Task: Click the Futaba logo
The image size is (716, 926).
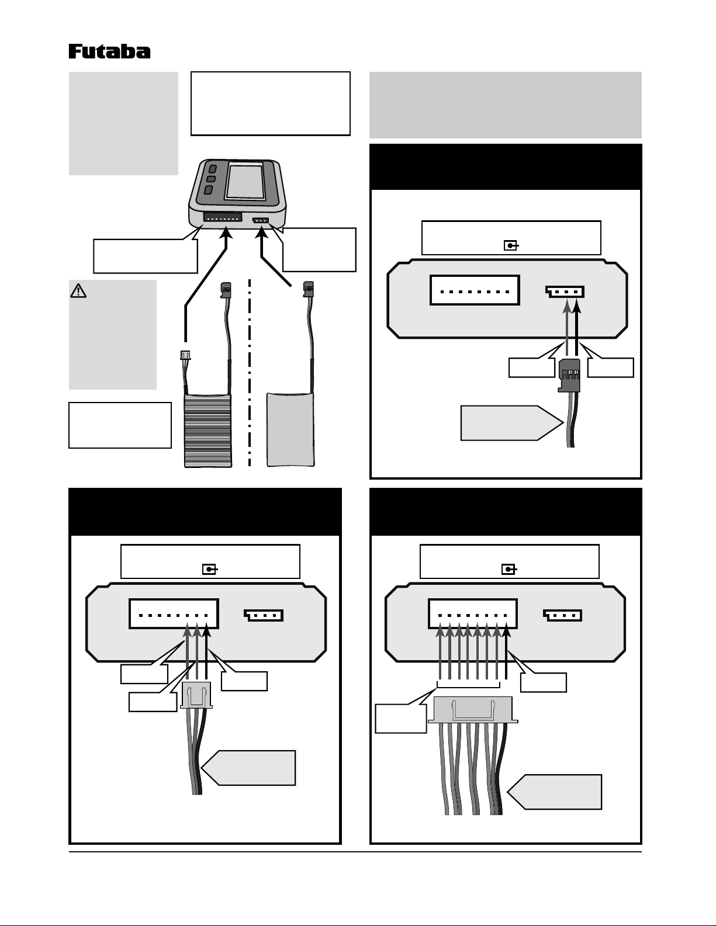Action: point(109,51)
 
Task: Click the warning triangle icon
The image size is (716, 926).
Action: point(78,290)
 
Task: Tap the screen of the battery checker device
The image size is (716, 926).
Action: point(244,181)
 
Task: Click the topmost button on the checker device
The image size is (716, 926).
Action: point(212,169)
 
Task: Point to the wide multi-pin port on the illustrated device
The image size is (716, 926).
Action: point(222,217)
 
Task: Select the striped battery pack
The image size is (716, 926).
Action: point(208,430)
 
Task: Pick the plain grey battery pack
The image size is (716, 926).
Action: point(290,429)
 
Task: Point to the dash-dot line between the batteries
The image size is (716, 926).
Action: point(250,374)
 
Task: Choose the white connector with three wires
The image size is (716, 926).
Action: point(196,695)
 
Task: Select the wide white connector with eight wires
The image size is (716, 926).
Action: point(472,709)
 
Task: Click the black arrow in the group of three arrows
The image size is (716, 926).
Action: point(206,651)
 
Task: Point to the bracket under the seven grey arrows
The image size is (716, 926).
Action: point(468,685)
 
